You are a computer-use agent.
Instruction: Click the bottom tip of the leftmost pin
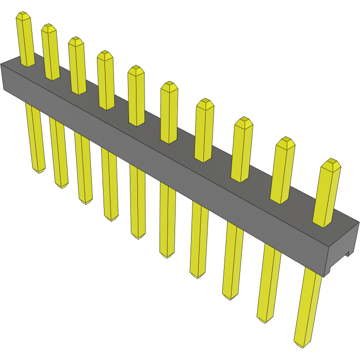pyautogui.click(x=39, y=170)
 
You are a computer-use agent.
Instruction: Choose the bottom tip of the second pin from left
pyautogui.click(x=62, y=186)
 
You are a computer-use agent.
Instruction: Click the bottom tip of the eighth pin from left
pyautogui.click(x=230, y=297)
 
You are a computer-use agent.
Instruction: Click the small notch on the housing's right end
pyautogui.click(x=349, y=254)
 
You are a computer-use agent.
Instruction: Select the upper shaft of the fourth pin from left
pyautogui.click(x=106, y=82)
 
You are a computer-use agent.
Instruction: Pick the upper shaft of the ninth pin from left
pyautogui.click(x=283, y=172)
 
